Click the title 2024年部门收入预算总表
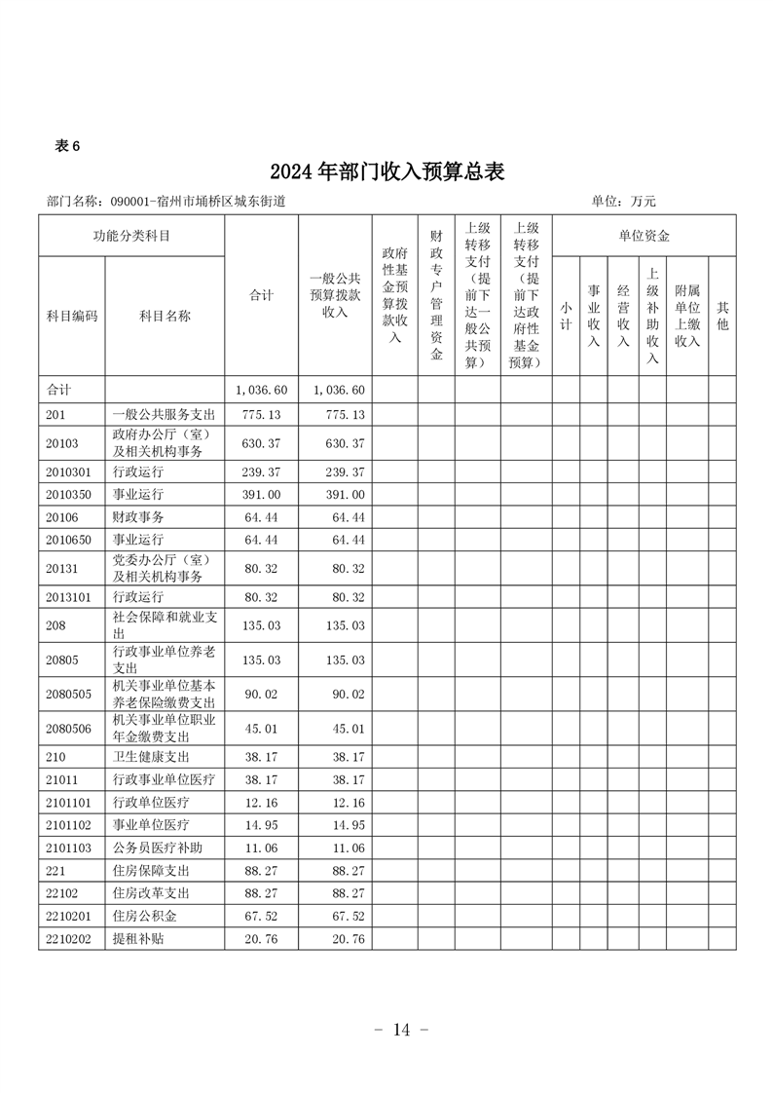pos(387,171)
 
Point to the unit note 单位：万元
pos(623,202)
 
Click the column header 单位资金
pos(644,236)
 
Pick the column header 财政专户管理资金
pos(436,294)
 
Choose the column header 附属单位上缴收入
pos(687,316)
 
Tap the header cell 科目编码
pos(72,316)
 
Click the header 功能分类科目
pos(131,236)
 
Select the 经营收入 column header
pos(623,316)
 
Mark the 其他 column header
pos(722,316)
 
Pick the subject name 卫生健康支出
pos(151,756)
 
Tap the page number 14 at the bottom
pos(401,1030)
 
